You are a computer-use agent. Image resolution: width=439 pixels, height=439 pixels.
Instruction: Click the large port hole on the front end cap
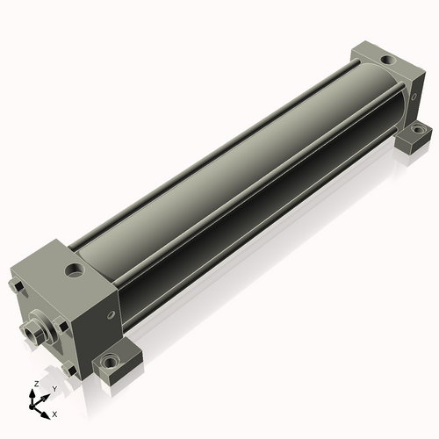point(74,270)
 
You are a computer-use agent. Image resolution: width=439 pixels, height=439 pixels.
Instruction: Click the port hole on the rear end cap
point(388,61)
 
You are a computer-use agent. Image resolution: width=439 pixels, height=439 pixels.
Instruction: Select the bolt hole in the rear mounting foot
point(417,129)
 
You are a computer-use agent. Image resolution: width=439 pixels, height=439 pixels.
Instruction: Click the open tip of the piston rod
point(29,333)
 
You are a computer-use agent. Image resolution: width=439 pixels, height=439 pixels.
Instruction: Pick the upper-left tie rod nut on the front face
point(17,286)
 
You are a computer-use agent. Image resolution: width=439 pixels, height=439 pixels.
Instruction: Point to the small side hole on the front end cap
point(111,314)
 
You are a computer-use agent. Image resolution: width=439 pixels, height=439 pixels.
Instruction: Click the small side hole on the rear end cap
point(414,97)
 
